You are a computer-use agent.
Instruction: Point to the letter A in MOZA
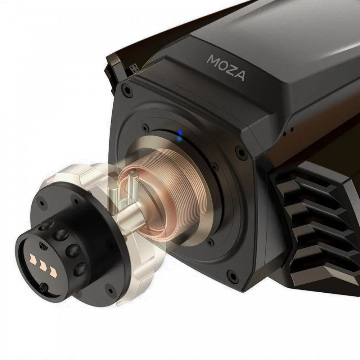click(239, 76)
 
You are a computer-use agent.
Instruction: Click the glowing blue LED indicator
click(180, 133)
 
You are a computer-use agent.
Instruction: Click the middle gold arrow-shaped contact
click(43, 265)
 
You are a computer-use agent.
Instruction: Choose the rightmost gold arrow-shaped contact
click(53, 271)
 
